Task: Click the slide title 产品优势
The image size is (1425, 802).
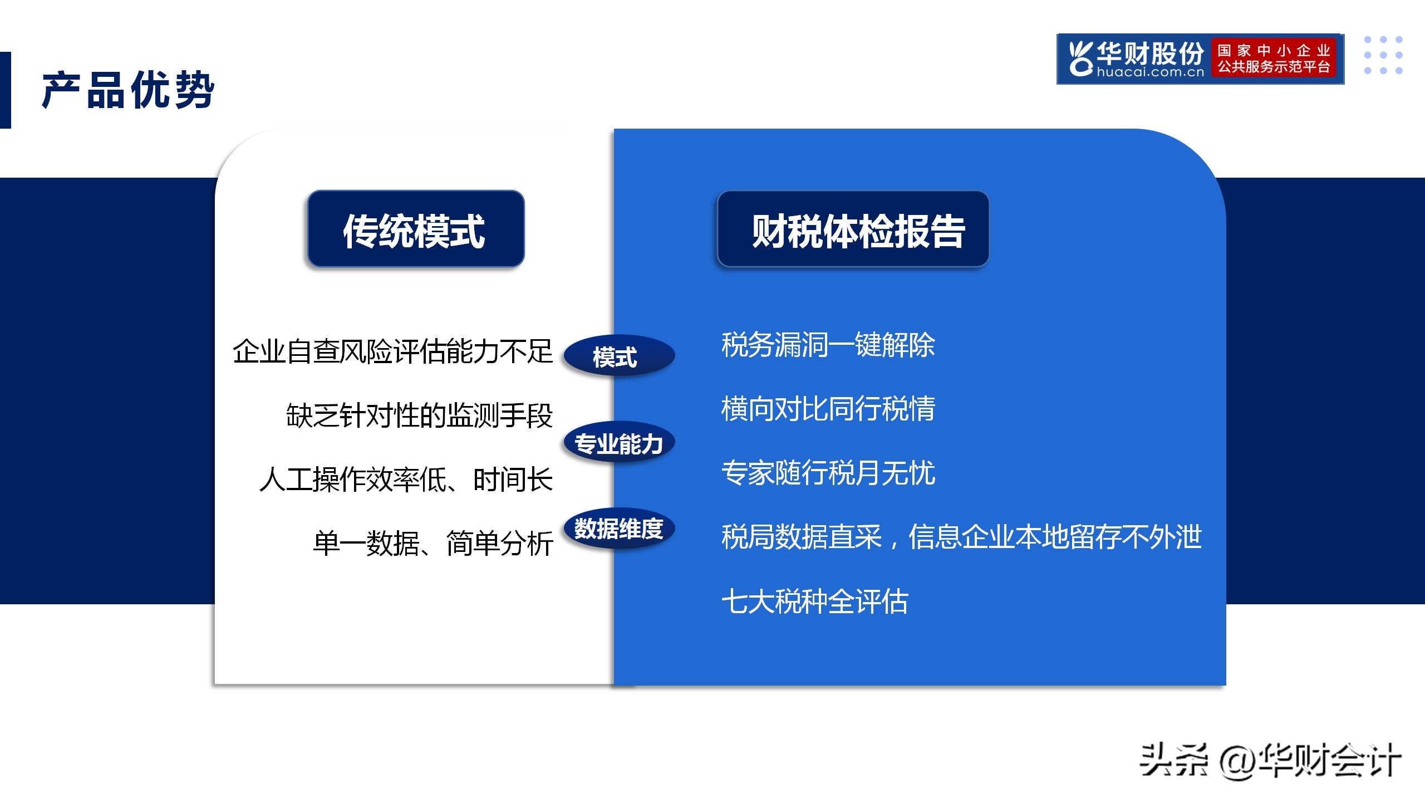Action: [x=128, y=90]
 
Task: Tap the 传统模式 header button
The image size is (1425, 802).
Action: [x=415, y=229]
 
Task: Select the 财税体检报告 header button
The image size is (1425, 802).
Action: [x=853, y=229]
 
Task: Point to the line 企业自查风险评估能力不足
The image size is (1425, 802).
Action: [x=392, y=351]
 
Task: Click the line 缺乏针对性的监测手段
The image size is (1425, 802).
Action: [x=419, y=415]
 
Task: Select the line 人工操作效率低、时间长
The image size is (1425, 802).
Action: [x=406, y=480]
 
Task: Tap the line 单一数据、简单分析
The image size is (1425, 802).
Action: [x=433, y=544]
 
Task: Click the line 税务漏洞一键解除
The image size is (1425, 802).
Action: [x=828, y=345]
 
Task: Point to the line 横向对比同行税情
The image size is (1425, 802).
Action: [x=828, y=409]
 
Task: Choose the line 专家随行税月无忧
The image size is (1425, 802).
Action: [x=828, y=473]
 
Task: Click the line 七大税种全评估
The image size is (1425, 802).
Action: [x=814, y=601]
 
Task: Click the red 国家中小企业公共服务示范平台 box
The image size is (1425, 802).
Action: [x=1274, y=59]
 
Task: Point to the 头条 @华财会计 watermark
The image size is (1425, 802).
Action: [x=1270, y=760]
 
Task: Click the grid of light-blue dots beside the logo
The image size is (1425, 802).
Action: [x=1383, y=55]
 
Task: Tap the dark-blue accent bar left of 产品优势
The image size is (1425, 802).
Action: [x=5, y=90]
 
